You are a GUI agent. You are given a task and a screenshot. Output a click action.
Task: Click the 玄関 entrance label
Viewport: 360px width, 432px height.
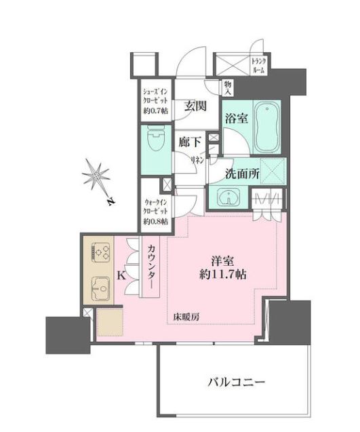pos(195,106)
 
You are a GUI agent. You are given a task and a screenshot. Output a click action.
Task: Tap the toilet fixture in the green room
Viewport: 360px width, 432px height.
pos(156,139)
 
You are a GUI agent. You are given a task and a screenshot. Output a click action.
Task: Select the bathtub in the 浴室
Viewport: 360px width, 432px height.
pos(267,127)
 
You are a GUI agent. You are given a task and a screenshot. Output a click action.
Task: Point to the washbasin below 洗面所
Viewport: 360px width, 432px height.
pos(228,197)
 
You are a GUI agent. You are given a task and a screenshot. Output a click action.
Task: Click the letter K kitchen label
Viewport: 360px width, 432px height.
pos(121,275)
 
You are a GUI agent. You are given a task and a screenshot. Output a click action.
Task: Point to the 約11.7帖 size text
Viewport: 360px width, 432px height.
pos(222,275)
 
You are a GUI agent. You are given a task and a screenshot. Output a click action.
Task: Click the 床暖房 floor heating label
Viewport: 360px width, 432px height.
pos(186,317)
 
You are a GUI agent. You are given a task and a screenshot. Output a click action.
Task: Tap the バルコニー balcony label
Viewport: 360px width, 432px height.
pos(236,382)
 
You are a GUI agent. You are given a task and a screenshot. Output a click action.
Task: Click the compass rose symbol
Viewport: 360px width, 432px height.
pos(96,175)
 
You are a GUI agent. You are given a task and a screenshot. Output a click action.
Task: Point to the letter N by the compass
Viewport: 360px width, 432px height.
pos(111,201)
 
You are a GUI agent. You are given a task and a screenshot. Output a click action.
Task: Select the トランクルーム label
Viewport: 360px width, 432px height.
pos(258,66)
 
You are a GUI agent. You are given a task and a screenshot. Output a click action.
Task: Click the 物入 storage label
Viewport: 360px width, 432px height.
pos(228,87)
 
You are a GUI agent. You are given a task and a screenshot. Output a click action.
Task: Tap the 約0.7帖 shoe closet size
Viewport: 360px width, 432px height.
pos(156,111)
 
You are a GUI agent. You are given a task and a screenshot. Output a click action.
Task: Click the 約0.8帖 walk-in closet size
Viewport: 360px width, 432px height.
pos(155,221)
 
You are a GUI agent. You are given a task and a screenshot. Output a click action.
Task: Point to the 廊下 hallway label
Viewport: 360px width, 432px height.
pos(190,142)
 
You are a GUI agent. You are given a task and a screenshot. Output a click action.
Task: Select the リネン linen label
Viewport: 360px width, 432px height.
pos(198,160)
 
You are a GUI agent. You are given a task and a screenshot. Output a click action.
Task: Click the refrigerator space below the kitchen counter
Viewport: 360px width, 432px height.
pos(110,322)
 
